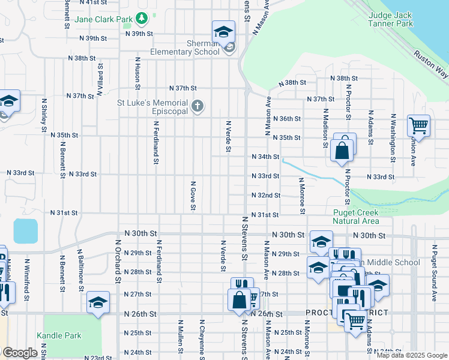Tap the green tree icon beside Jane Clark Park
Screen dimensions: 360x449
click(x=141, y=19)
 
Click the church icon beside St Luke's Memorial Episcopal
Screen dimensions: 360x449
click(x=197, y=107)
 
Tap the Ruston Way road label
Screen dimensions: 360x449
click(x=431, y=63)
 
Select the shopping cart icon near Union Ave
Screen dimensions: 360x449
click(x=418, y=126)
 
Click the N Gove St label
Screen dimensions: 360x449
click(x=193, y=196)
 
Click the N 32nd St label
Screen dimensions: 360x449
click(x=266, y=195)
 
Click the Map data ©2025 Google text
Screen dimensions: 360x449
click(x=412, y=355)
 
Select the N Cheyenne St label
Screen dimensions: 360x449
click(x=202, y=339)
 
